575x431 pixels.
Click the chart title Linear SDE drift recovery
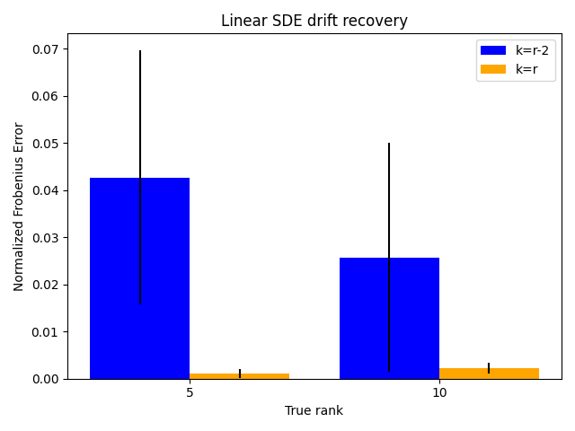[x=314, y=21]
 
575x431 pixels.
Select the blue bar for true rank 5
[x=140, y=278]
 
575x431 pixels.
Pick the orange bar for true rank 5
[x=240, y=376]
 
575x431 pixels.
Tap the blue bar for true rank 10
[x=389, y=318]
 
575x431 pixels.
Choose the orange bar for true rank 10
[x=489, y=374]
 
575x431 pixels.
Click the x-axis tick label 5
[x=190, y=393]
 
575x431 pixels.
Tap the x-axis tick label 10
[x=439, y=393]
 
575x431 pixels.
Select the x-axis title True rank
[x=314, y=410]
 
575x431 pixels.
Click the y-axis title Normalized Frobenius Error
[x=18, y=207]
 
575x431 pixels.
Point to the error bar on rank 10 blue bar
[x=389, y=258]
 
